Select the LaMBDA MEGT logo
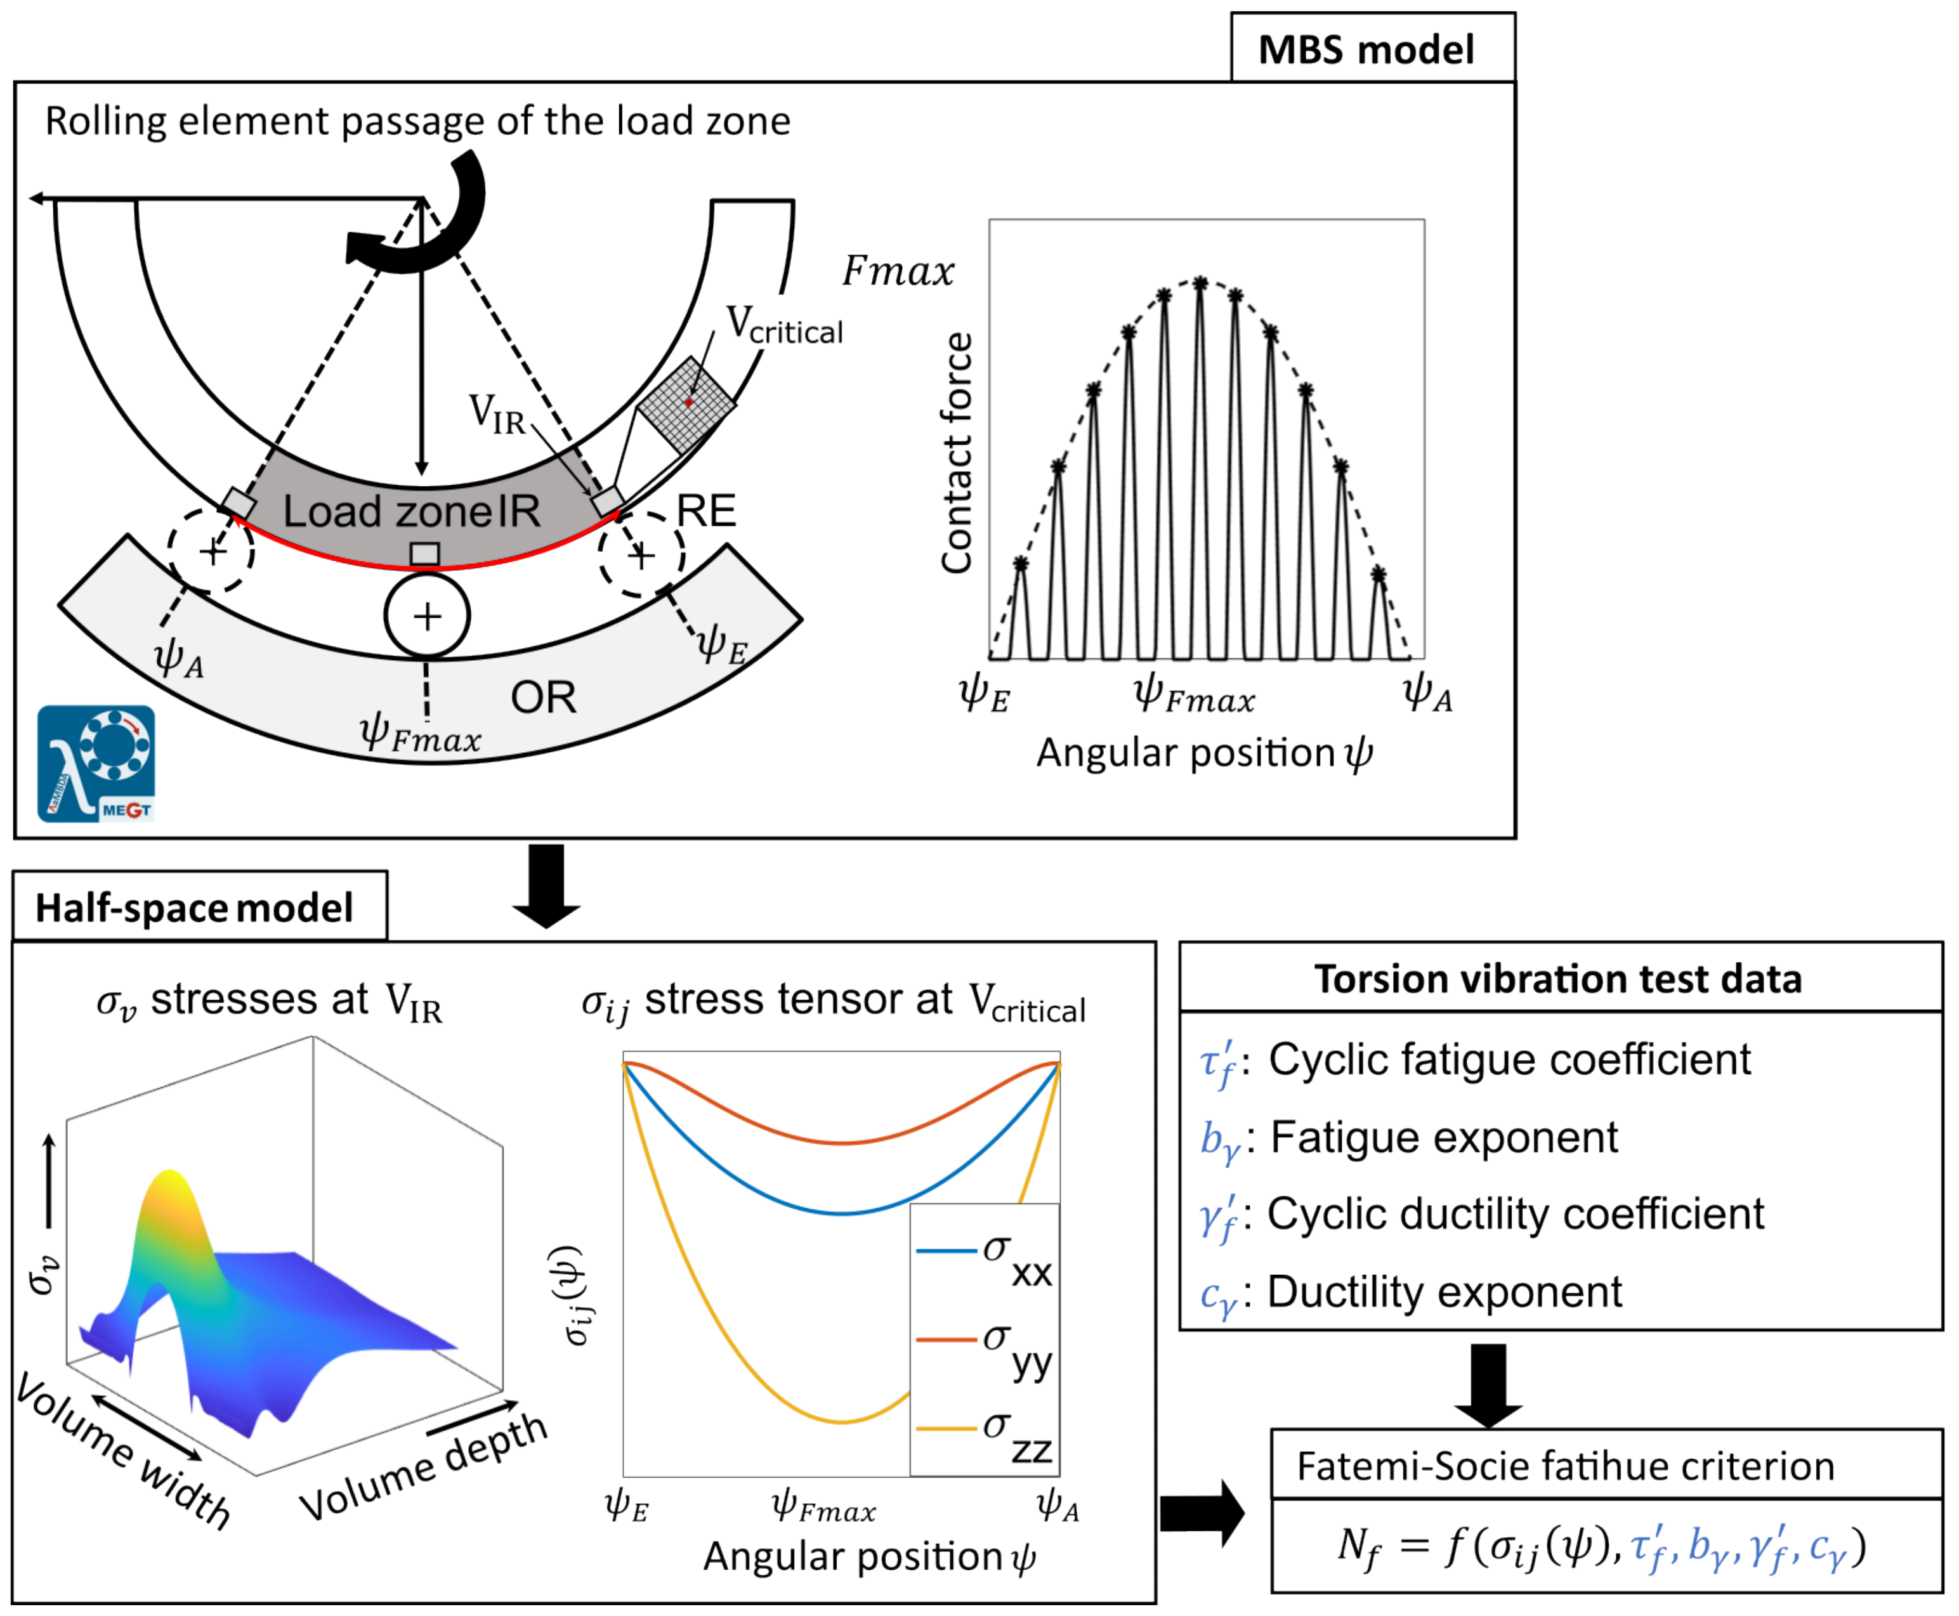[x=96, y=764]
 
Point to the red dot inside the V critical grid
[x=689, y=402]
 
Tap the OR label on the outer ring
[x=543, y=697]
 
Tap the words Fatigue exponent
[x=1444, y=1138]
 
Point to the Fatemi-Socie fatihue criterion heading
[x=1565, y=1466]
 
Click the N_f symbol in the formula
[x=1358, y=1546]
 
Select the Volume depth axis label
[x=424, y=1466]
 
